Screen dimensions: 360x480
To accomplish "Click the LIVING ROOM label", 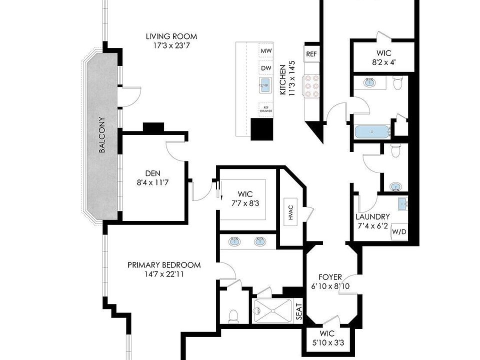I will (171, 36).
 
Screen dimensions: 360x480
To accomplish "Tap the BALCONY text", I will (102, 135).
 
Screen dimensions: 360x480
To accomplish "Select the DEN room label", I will (153, 174).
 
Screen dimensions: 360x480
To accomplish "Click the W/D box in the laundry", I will (399, 232).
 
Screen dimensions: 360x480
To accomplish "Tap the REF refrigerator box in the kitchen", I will (311, 54).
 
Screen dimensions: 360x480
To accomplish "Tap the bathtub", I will (371, 132).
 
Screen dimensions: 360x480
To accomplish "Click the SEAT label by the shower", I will (298, 312).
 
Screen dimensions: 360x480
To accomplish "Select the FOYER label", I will (330, 277).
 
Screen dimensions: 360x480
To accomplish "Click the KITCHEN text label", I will (282, 80).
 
